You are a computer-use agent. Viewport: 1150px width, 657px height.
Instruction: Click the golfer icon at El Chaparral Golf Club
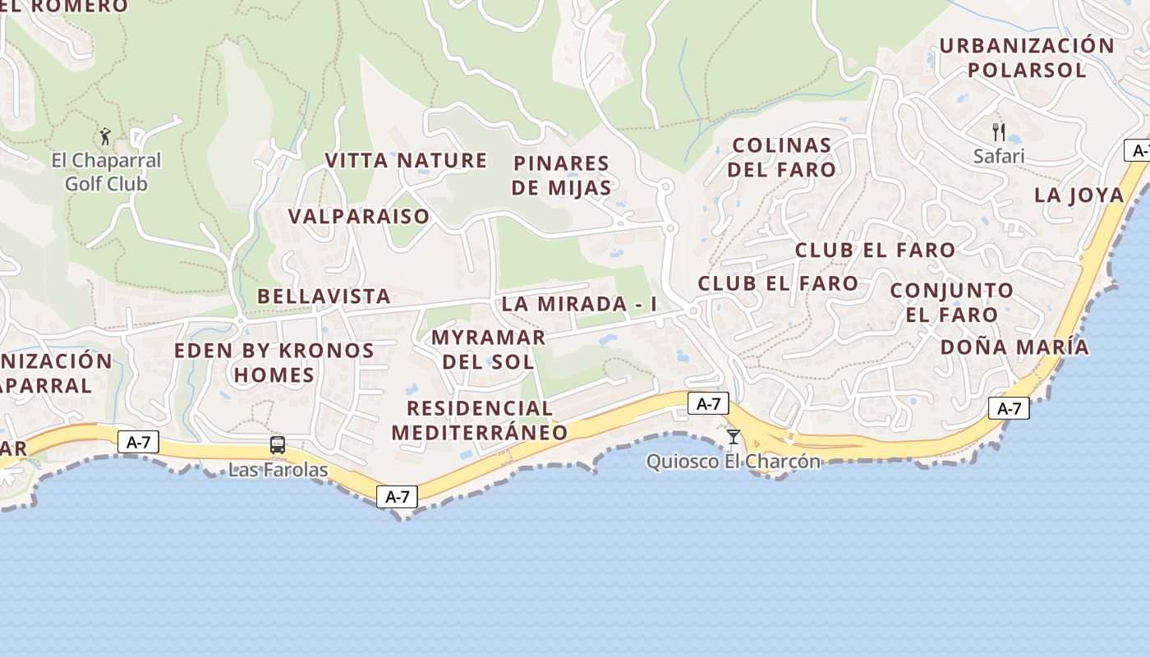(x=105, y=136)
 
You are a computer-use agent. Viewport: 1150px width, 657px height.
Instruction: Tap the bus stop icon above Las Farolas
(x=278, y=445)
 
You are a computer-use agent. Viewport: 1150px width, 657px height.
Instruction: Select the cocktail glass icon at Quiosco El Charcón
(x=734, y=436)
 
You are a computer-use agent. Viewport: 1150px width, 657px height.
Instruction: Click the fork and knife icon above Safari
(x=999, y=131)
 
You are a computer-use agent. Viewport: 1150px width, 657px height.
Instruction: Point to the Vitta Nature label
(x=406, y=160)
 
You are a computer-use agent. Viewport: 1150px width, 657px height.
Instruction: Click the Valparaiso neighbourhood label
(x=359, y=216)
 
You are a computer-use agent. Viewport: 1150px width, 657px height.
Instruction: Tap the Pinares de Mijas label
(x=561, y=175)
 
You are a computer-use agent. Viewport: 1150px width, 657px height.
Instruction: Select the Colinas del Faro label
(x=782, y=157)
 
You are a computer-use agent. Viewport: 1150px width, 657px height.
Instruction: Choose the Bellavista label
(x=324, y=296)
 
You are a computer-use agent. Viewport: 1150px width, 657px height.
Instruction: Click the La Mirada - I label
(x=580, y=303)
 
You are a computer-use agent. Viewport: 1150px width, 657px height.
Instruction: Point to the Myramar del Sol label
(x=488, y=349)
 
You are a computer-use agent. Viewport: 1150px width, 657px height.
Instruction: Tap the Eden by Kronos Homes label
(x=274, y=362)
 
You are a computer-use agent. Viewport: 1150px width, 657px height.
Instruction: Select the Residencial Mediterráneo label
(x=480, y=420)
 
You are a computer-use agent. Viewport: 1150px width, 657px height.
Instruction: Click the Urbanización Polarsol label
(x=1027, y=57)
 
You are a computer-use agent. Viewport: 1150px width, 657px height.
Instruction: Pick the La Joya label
(x=1079, y=195)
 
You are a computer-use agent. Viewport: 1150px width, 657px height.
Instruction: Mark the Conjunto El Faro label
(x=952, y=301)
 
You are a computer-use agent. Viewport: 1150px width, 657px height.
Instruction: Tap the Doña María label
(x=1014, y=347)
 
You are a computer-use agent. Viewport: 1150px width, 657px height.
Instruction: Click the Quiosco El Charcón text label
(x=734, y=461)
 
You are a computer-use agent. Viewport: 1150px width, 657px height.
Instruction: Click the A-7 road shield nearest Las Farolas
(x=138, y=442)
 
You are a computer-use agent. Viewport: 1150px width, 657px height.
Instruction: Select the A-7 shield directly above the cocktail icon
(x=708, y=403)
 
